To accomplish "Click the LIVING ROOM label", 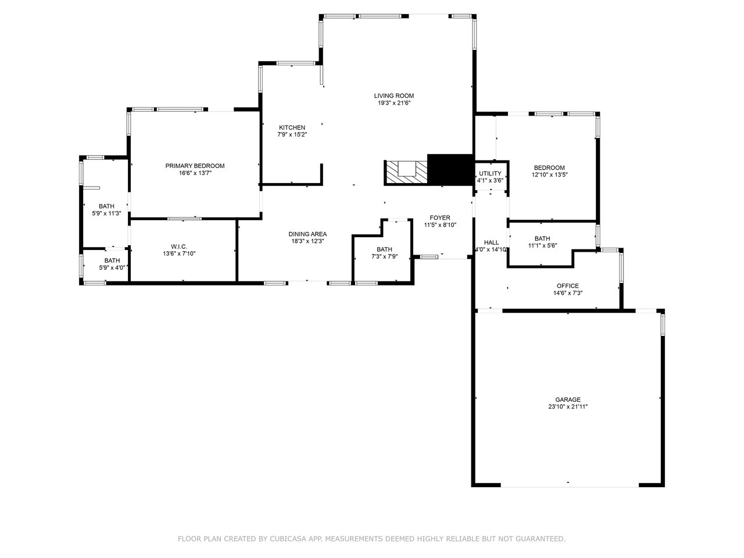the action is tap(394, 96).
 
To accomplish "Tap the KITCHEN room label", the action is tap(292, 128).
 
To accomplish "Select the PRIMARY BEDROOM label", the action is tap(195, 166).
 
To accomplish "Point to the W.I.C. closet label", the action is tap(178, 246).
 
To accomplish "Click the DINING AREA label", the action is tap(307, 234).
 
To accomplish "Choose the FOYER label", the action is tap(440, 218).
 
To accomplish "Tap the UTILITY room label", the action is tap(490, 174).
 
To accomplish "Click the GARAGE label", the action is tap(568, 400).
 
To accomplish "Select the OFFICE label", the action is tap(568, 286).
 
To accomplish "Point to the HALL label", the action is tap(491, 242).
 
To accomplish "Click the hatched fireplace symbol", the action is tap(406, 173).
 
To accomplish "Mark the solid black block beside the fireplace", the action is tap(450, 170).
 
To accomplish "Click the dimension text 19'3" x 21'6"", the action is tap(394, 103).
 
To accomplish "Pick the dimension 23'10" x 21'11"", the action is tap(568, 407).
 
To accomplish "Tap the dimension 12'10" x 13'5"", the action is tap(549, 175).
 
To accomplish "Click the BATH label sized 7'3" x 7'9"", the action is tap(384, 249).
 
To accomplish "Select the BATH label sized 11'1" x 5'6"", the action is tap(542, 238).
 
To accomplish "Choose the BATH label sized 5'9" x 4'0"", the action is tap(112, 260).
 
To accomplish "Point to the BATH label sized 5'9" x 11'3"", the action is tap(106, 206).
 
